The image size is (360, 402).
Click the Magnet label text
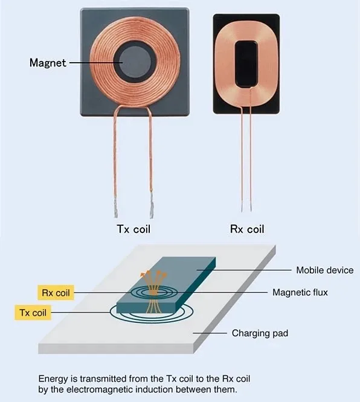[x=48, y=63]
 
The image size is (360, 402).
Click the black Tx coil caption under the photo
[x=133, y=229]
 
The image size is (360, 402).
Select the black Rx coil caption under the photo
[x=247, y=229]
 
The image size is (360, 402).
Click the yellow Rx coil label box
[x=56, y=293]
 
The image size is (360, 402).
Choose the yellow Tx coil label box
[x=33, y=313]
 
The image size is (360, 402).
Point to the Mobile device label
[x=324, y=270]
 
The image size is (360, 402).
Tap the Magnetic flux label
[x=300, y=292]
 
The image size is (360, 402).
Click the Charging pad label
[x=260, y=333]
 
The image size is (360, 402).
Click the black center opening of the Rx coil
[x=246, y=63]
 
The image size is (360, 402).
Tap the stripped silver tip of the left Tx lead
[x=116, y=209]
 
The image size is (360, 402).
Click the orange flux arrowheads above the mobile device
[x=153, y=275]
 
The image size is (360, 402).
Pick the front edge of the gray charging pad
[x=116, y=349]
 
